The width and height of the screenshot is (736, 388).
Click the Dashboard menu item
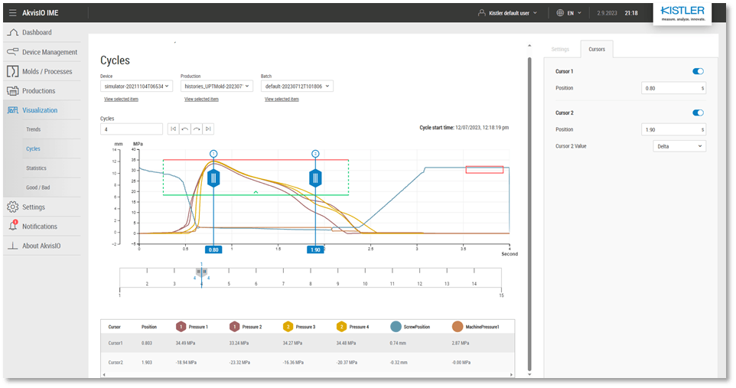[37, 32]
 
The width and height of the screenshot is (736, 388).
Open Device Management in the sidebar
[49, 52]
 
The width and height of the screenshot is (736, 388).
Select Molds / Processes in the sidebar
[47, 71]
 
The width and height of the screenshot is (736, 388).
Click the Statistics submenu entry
[36, 168]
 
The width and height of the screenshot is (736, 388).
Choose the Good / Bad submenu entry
[37, 187]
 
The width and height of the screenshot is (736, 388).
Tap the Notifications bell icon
[13, 226]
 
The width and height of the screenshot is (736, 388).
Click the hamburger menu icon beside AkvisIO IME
[12, 13]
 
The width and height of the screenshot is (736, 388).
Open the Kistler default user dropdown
[507, 13]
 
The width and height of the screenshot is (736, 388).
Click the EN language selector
[569, 13]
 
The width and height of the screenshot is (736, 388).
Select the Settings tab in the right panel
[560, 49]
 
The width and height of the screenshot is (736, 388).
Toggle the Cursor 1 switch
[698, 71]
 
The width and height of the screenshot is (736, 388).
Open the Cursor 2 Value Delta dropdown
[679, 145]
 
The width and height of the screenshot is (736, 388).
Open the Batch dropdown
[297, 86]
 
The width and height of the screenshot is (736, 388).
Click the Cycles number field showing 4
[131, 129]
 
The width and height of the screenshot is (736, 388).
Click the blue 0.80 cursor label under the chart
[213, 249]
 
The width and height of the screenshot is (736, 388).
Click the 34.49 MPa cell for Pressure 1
[187, 343]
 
